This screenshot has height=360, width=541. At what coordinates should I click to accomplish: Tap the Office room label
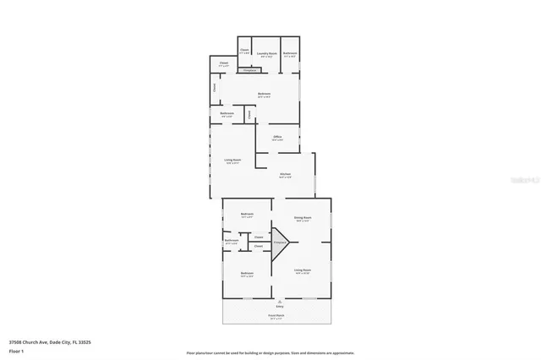(x=276, y=136)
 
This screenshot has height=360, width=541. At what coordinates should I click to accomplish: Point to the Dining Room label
(x=303, y=218)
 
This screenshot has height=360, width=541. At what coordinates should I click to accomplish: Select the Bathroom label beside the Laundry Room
(x=290, y=52)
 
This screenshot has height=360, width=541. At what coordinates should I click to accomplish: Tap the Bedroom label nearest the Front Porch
(x=247, y=273)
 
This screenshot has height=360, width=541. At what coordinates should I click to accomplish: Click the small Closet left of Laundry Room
(x=244, y=51)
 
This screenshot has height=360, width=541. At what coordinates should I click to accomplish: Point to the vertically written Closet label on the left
(x=215, y=86)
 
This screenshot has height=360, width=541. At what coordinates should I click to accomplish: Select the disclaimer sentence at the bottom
(x=270, y=352)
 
